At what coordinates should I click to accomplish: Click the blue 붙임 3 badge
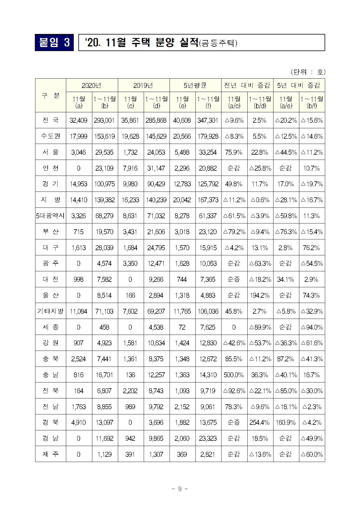54,42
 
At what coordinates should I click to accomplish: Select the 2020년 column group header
91,85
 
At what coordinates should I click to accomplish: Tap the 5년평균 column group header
195,85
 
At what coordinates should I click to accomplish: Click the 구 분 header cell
51,95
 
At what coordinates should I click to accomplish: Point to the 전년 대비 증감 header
247,85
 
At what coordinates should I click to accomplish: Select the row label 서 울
51,152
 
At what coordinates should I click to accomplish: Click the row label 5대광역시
51,216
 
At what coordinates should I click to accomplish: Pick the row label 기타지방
51,311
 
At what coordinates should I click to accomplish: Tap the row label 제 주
51,454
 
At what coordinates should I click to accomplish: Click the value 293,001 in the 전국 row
105,120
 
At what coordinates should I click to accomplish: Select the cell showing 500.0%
234,375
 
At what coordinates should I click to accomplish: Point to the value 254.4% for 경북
260,423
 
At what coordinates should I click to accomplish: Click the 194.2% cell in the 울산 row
260,295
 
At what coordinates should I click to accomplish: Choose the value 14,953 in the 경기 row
79,184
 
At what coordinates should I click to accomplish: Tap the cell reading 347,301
208,120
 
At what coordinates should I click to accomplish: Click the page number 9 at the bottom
180,489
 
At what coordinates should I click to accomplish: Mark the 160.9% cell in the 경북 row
286,423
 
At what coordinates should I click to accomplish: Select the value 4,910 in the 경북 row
79,423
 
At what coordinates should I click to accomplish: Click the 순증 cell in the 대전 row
234,279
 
